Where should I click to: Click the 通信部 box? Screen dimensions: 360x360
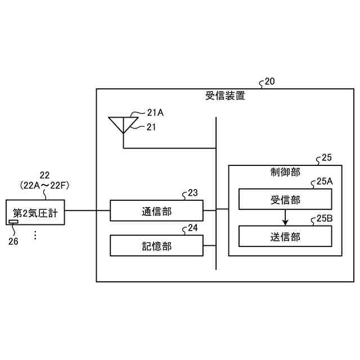coord(156,210)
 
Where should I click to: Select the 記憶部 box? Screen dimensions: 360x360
coord(156,246)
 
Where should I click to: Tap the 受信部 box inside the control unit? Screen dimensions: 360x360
coord(285,200)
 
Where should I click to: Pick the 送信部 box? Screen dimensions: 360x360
coord(285,236)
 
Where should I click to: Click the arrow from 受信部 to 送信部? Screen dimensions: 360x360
coord(285,217)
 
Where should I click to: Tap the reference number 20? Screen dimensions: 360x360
coord(270,81)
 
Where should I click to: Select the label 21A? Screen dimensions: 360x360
coord(155,112)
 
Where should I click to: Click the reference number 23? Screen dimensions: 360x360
coord(192,193)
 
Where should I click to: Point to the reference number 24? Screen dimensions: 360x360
coord(192,228)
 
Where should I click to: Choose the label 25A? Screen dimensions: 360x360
coord(325,182)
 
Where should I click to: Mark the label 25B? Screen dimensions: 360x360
coord(325,218)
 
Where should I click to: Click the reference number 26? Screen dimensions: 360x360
coord(13,241)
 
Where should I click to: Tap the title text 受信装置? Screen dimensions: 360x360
coord(225,96)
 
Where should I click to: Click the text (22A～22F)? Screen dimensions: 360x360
coord(44,184)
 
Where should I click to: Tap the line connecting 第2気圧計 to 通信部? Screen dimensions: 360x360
coord(87,210)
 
